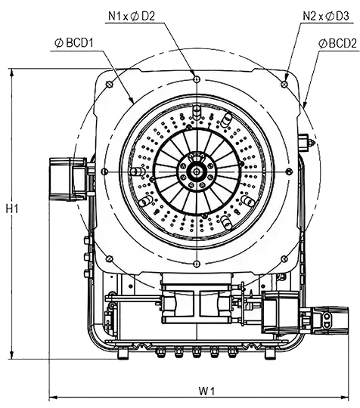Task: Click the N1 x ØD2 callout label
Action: pyautogui.click(x=132, y=16)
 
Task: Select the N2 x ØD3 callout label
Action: pyautogui.click(x=326, y=16)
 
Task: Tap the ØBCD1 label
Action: pyautogui.click(x=74, y=43)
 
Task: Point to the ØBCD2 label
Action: pyautogui.click(x=337, y=44)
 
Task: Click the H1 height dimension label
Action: pyautogui.click(x=12, y=209)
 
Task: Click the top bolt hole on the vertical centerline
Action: pyautogui.click(x=197, y=79)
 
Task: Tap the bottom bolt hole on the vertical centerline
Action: pyautogui.click(x=197, y=264)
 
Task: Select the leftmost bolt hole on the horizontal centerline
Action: pyautogui.click(x=104, y=171)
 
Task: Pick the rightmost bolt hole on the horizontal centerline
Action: pyautogui.click(x=289, y=171)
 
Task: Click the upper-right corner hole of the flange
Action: pyautogui.click(x=284, y=84)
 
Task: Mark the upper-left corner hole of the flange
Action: pyautogui.click(x=110, y=84)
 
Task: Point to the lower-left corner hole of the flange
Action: pyautogui.click(x=110, y=258)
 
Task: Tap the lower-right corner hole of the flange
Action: pyautogui.click(x=284, y=258)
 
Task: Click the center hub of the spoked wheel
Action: pyautogui.click(x=197, y=171)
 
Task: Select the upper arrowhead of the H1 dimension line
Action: pyautogui.click(x=11, y=73)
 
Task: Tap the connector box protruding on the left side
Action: pyautogui.click(x=68, y=179)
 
